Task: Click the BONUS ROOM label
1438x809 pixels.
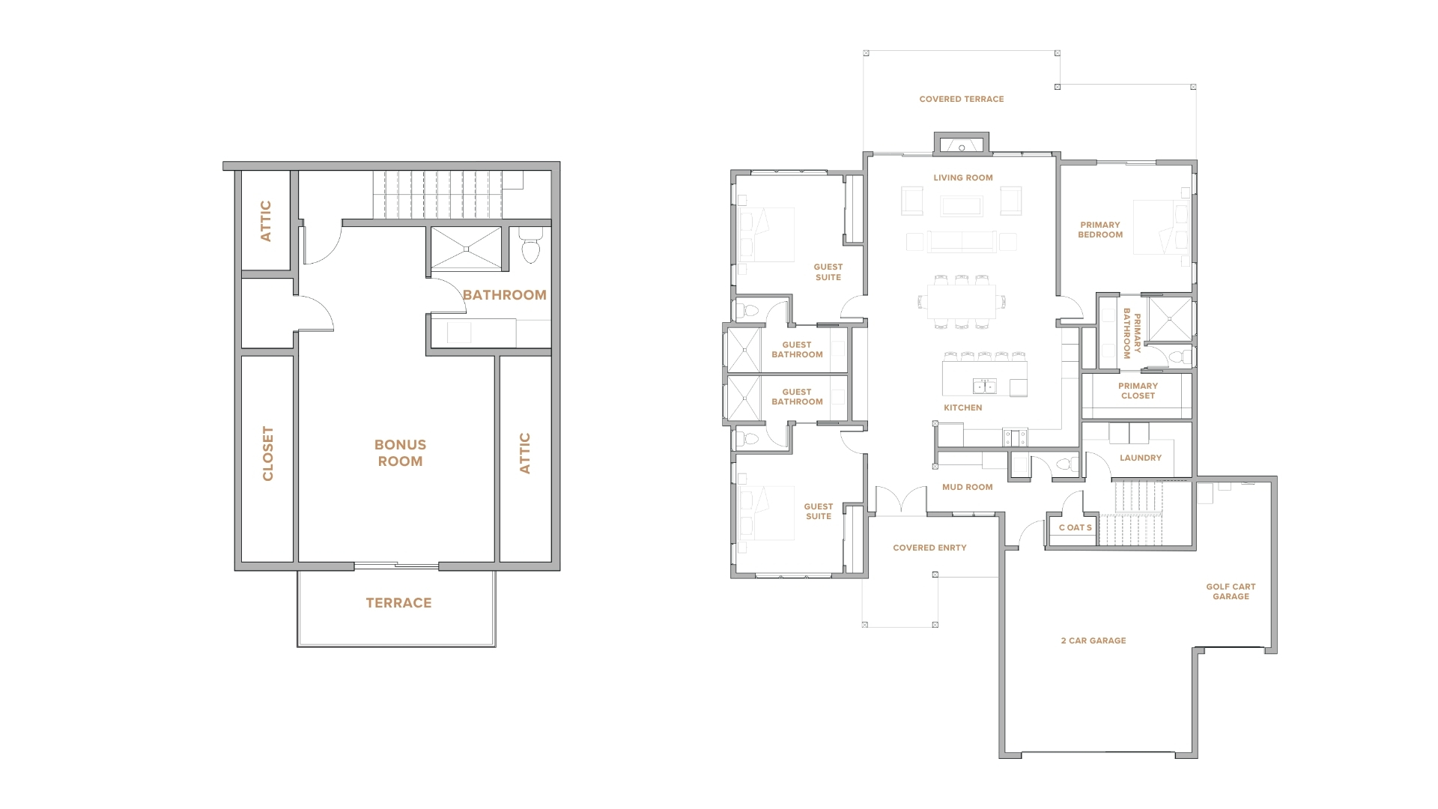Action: tap(400, 453)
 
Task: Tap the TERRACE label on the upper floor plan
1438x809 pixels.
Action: tap(398, 603)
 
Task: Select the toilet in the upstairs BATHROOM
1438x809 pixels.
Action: tap(531, 245)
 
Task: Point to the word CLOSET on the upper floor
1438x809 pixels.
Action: tap(267, 453)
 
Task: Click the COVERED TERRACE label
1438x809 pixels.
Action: tap(962, 99)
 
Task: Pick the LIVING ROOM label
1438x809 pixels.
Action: tap(963, 178)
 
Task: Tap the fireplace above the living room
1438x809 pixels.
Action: tap(962, 145)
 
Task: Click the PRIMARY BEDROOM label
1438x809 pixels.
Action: tap(1100, 230)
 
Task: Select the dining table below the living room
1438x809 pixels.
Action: tap(962, 301)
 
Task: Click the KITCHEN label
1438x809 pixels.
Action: tap(963, 407)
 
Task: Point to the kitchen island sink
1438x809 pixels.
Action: tap(984, 387)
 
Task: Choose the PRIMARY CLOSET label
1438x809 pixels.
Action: tap(1138, 391)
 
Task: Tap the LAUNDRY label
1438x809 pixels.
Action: tap(1141, 458)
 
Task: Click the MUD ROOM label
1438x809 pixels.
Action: tap(968, 487)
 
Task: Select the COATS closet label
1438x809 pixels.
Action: tap(1076, 527)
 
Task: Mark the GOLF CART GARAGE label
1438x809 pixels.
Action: tap(1231, 592)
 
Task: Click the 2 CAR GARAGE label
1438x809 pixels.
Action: tap(1093, 640)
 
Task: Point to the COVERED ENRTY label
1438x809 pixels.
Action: tap(929, 548)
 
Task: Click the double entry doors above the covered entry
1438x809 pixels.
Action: tap(901, 501)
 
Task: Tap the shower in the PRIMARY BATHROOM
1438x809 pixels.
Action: tap(1169, 319)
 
